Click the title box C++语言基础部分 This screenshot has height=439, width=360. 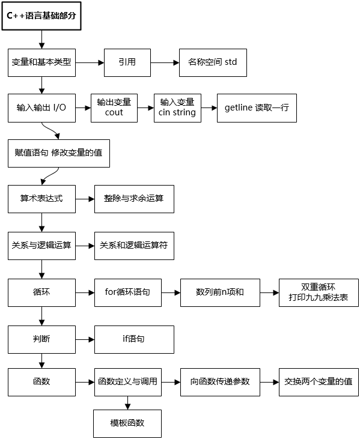41,16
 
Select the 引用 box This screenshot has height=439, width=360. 127,62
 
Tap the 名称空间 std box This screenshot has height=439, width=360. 213,62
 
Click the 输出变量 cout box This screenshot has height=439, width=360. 114,108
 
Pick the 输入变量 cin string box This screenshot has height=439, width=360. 177,108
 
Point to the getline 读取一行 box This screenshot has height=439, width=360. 257,108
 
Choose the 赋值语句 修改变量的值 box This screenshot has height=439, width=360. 59,153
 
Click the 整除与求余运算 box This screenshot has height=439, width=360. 134,199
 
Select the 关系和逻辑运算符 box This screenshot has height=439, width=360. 134,246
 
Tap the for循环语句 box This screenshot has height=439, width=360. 128,292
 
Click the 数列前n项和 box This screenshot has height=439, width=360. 220,292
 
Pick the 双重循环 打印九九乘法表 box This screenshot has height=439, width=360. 319,292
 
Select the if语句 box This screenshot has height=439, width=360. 134,339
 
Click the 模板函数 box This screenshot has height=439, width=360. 127,423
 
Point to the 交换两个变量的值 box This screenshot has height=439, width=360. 319,382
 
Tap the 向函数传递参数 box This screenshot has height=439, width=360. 220,382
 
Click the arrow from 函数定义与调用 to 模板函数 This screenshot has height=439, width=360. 128,403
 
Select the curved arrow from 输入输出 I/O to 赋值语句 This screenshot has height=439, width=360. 50,130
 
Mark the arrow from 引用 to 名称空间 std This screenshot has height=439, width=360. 165,62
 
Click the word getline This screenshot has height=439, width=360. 239,107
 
